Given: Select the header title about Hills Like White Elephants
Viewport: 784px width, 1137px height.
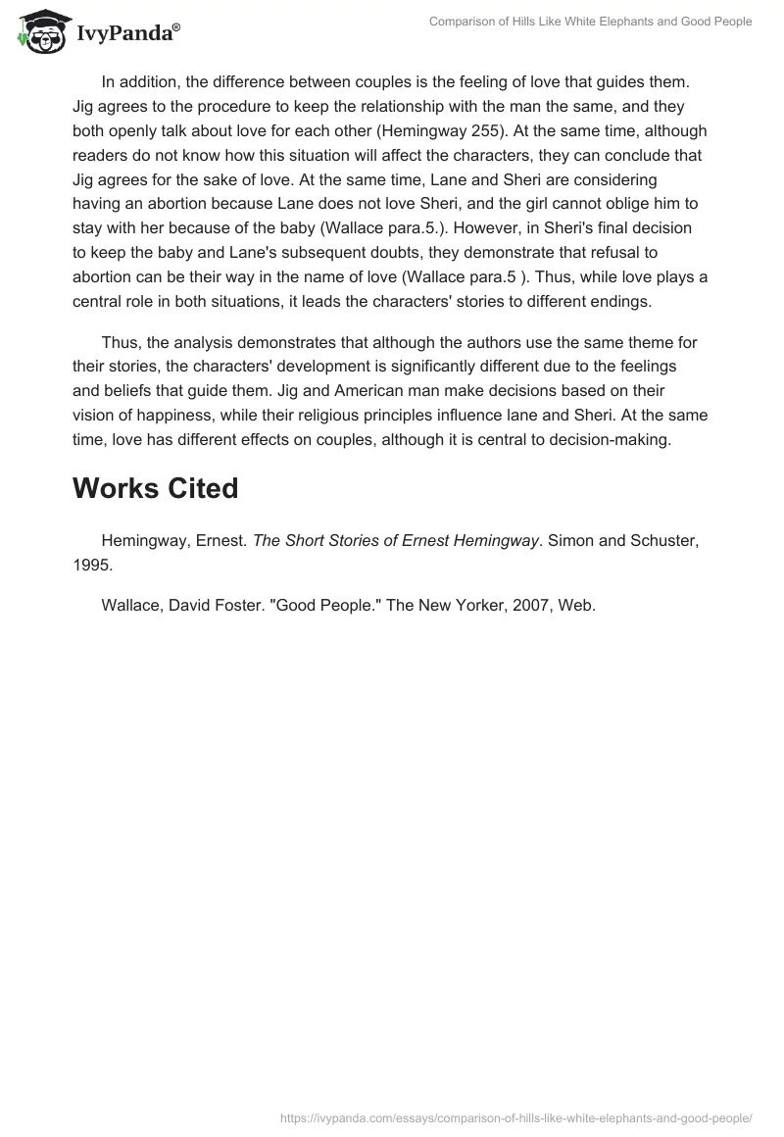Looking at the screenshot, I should [590, 22].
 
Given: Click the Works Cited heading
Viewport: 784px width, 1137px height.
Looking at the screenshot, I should [155, 488].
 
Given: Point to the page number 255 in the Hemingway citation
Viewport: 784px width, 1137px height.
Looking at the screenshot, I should [524, 130].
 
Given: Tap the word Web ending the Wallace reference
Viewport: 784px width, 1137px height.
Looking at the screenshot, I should [577, 605].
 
